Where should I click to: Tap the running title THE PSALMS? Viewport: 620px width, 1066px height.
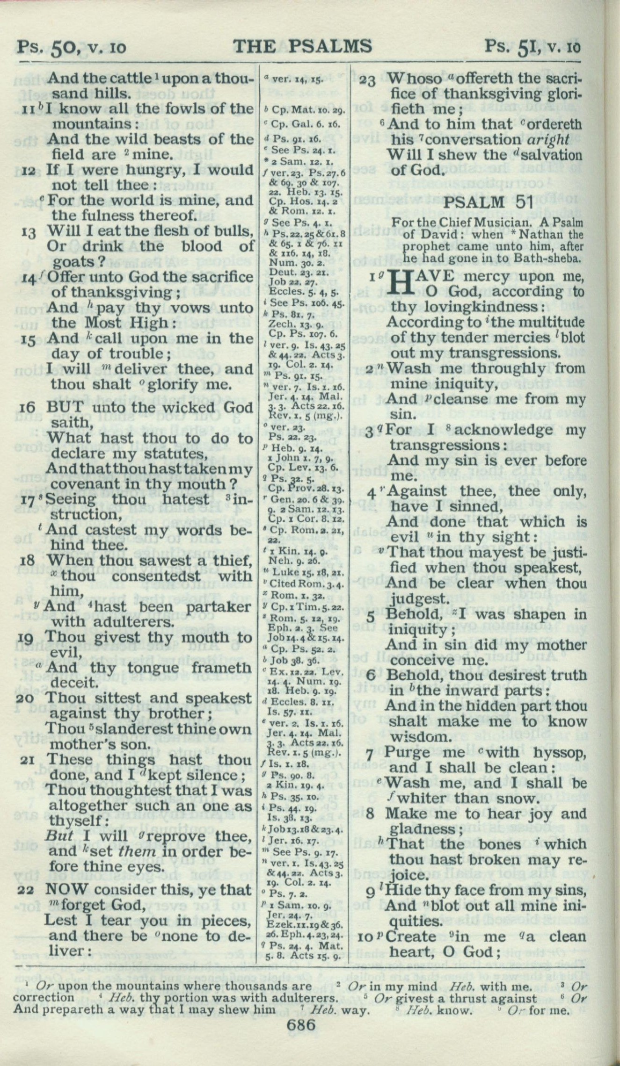(x=302, y=46)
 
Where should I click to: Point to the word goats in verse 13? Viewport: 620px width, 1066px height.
(x=67, y=261)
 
